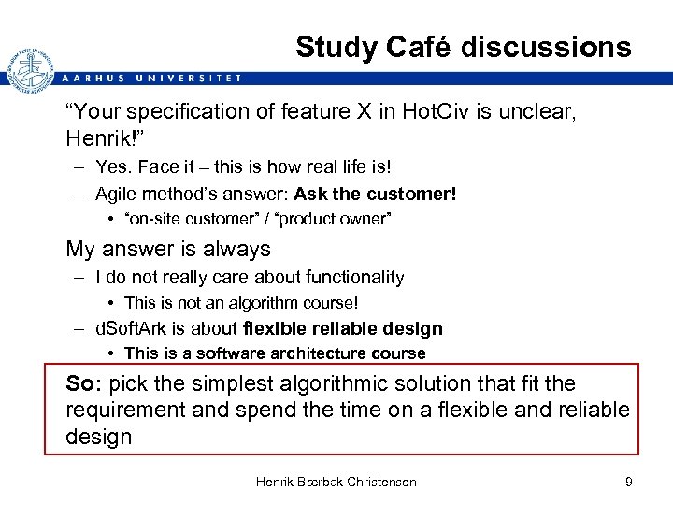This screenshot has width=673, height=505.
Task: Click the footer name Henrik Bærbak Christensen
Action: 336,482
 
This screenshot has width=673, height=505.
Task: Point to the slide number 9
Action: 629,482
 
